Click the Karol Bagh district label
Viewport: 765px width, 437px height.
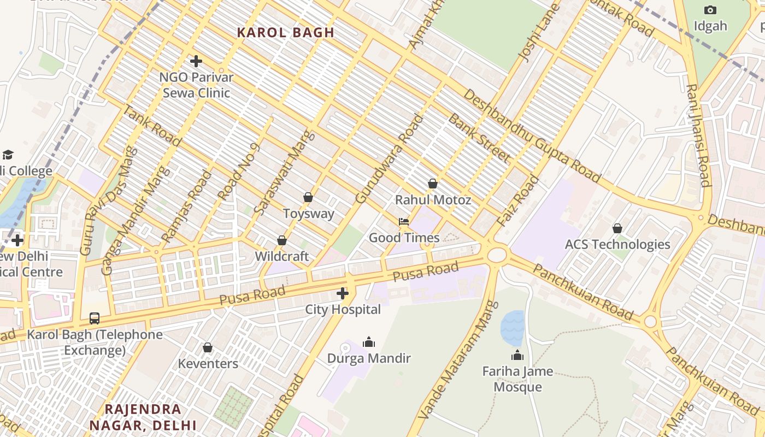[x=285, y=32]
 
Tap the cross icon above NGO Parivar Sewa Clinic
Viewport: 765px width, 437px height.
[x=196, y=61]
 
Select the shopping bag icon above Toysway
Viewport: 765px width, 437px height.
[x=308, y=197]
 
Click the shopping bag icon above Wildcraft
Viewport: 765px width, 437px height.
[x=282, y=240]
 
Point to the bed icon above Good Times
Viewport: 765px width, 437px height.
[x=404, y=221]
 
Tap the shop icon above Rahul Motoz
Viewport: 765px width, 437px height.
[x=433, y=184]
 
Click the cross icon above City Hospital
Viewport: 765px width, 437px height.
[x=343, y=294]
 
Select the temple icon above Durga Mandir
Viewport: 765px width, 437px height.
[x=369, y=342]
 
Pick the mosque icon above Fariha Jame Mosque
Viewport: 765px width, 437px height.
[x=517, y=356]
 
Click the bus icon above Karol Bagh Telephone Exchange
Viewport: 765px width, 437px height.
[x=95, y=318]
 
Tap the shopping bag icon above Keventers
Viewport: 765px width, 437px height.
[x=208, y=347]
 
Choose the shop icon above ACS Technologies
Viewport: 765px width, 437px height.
[x=617, y=228]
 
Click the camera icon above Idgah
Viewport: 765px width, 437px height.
[x=710, y=10]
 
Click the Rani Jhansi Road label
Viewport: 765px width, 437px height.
[x=698, y=135]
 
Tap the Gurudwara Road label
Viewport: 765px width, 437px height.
[x=389, y=158]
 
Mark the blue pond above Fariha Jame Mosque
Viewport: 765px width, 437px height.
[x=512, y=328]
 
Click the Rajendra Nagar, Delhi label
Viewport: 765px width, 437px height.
[x=143, y=417]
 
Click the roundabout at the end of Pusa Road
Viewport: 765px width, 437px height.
[x=497, y=255]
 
